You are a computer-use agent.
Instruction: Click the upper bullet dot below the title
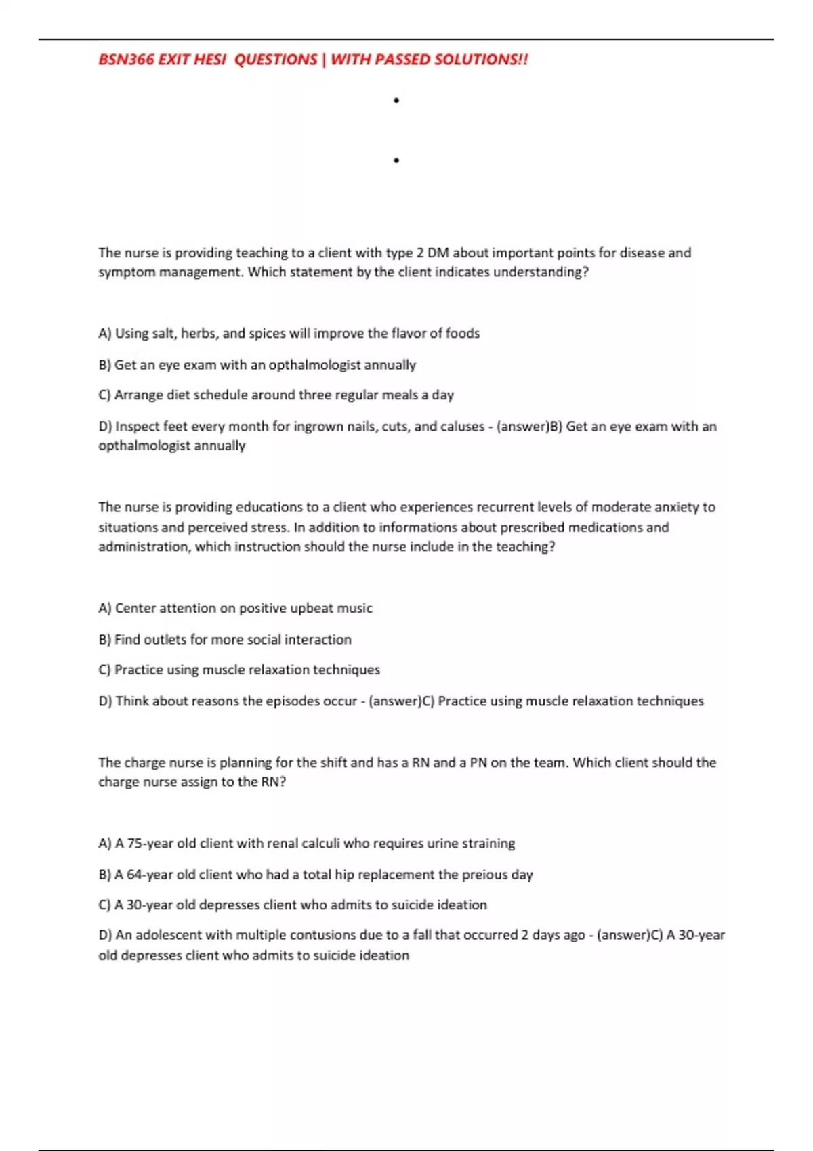coord(396,101)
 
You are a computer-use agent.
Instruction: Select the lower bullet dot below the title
coord(396,160)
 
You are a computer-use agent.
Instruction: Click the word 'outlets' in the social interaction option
coord(165,639)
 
